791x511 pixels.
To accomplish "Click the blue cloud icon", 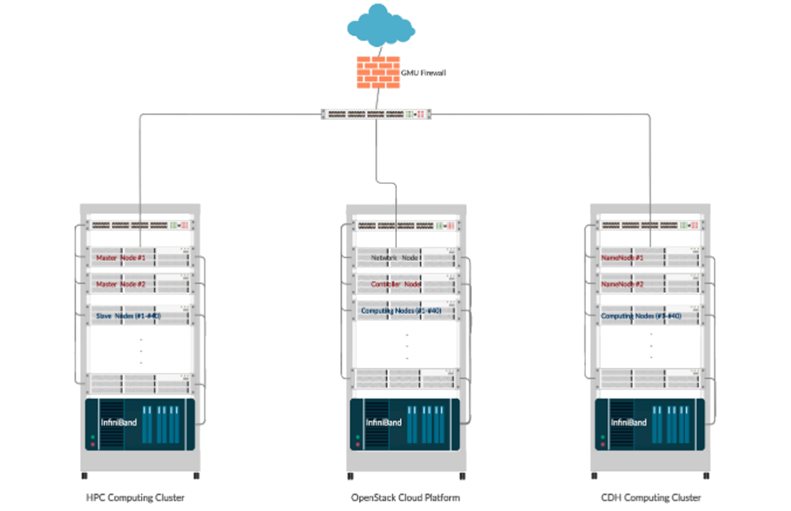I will coord(378,25).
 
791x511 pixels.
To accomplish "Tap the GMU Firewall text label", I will coord(423,73).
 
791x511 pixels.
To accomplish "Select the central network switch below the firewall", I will coord(376,115).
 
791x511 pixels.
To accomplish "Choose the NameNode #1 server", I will coord(650,258).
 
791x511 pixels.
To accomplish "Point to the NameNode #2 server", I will coord(650,284).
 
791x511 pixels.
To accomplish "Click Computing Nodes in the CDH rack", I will coord(650,316).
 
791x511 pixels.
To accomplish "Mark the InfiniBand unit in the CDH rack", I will coord(650,423).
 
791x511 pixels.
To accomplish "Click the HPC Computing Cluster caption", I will coord(135,497).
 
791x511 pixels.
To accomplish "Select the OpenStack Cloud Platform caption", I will coord(405,497).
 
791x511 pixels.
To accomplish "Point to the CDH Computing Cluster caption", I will coord(651,497).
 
